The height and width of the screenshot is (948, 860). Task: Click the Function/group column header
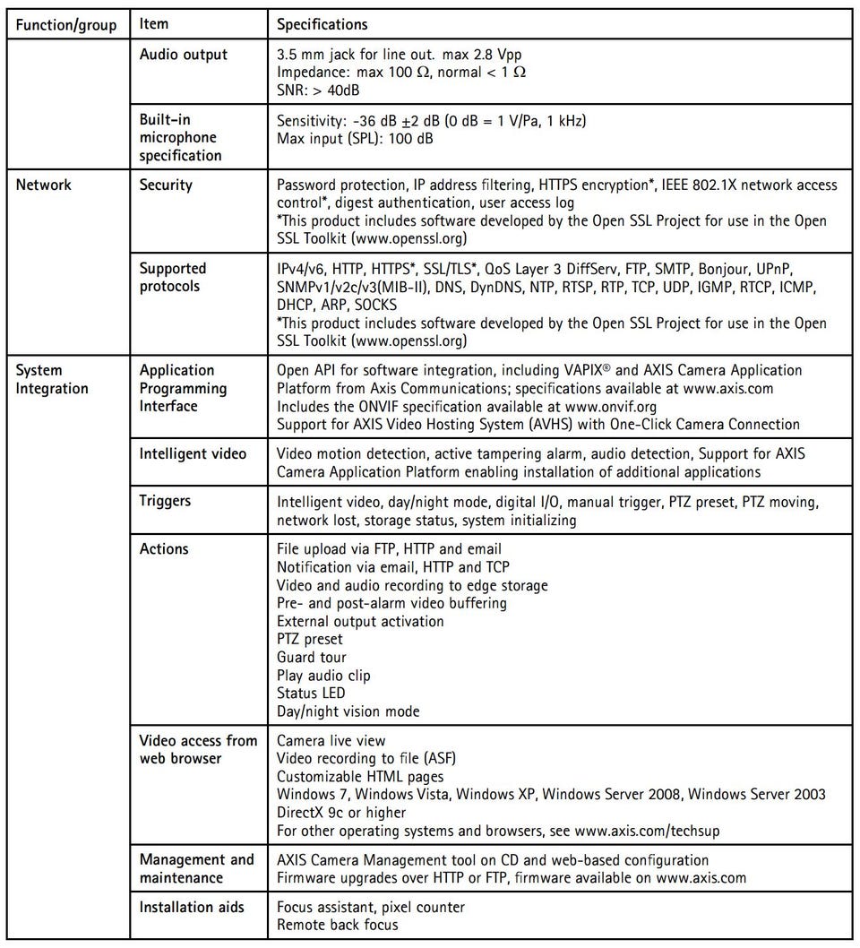point(65,24)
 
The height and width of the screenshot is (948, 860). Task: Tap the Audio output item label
point(184,55)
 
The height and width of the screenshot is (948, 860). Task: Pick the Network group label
point(43,185)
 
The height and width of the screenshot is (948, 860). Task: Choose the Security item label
point(166,185)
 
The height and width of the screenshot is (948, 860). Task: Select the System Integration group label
point(52,379)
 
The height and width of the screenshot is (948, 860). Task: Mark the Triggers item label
point(166,502)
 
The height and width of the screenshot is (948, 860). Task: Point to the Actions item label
point(164,549)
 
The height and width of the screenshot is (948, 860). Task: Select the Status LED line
point(311,694)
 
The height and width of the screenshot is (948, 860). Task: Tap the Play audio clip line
point(323,676)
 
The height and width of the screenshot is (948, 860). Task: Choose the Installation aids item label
point(192,908)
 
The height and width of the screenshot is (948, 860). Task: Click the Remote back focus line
point(338,926)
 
